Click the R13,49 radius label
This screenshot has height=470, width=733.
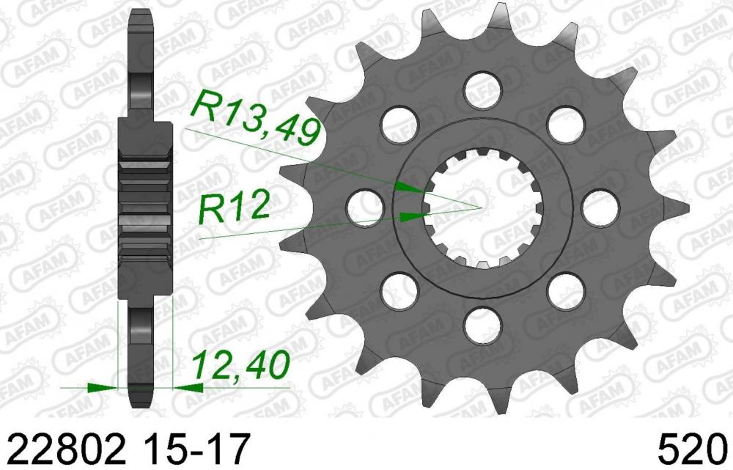pos(255,118)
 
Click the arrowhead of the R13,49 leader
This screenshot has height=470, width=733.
pos(410,188)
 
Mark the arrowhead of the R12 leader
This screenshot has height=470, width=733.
pos(415,216)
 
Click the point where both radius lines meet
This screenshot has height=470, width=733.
pos(481,207)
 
